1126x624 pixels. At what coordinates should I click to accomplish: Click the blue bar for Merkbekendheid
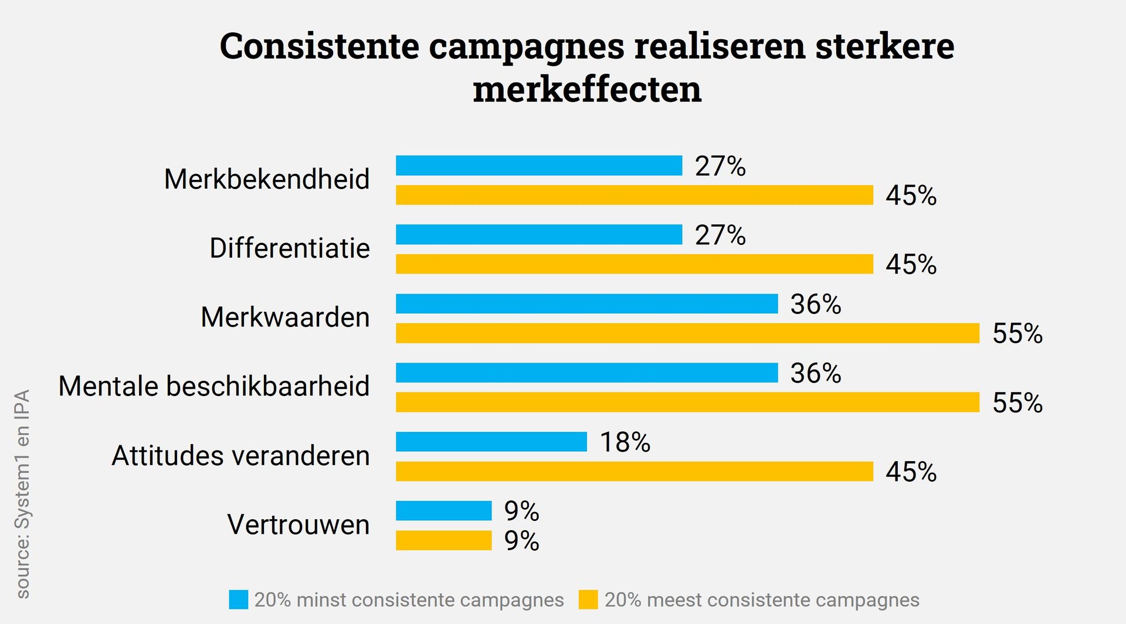point(539,166)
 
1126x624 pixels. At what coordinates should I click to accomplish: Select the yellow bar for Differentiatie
point(635,264)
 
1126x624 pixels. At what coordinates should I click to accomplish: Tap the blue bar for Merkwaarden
point(586,304)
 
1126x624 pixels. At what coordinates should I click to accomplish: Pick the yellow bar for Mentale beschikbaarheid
point(687,403)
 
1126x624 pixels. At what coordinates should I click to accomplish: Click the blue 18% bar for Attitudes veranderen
point(491,442)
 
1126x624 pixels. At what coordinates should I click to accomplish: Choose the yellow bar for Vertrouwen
point(444,540)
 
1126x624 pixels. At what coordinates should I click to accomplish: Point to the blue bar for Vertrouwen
point(444,511)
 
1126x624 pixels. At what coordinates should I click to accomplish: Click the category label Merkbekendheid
point(267,179)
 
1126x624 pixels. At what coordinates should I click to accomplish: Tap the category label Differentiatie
point(290,248)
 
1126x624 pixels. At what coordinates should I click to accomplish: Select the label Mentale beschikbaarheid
point(214,387)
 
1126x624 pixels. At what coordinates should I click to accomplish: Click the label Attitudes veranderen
point(240,456)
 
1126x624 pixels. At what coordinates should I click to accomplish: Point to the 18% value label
point(625,442)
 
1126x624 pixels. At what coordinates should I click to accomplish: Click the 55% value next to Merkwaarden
point(1018,334)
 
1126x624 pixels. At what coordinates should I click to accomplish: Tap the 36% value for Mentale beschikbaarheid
point(816,374)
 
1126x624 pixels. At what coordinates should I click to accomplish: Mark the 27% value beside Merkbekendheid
point(720,166)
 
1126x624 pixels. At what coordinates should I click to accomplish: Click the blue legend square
point(239,600)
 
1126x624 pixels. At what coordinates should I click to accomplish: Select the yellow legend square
point(588,600)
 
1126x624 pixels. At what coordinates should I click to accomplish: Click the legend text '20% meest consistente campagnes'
point(762,600)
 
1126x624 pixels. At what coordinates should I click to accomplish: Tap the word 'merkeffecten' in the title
point(587,90)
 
